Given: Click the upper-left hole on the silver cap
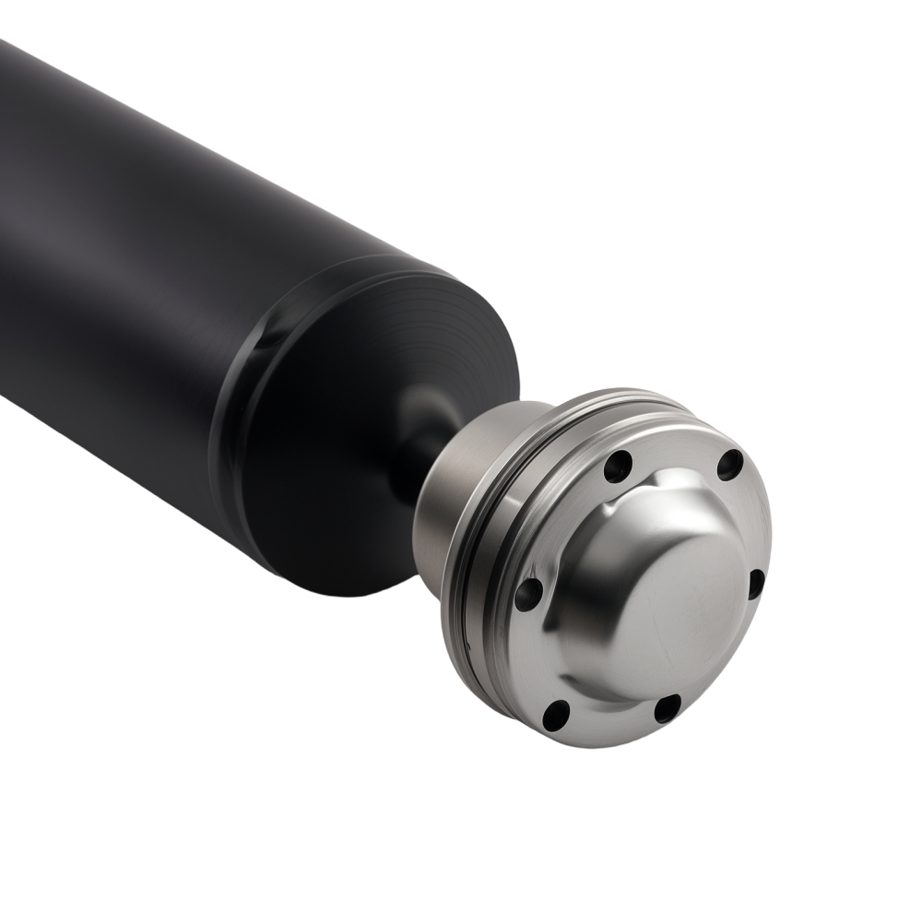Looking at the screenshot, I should pos(618,467).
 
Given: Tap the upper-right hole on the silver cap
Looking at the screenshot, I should pos(729,464).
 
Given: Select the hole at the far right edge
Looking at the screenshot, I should pos(755,584).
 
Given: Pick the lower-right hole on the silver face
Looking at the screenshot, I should pos(667,708).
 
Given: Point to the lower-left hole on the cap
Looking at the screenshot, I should pos(556,715).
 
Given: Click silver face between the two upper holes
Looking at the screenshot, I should pos(673,452).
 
